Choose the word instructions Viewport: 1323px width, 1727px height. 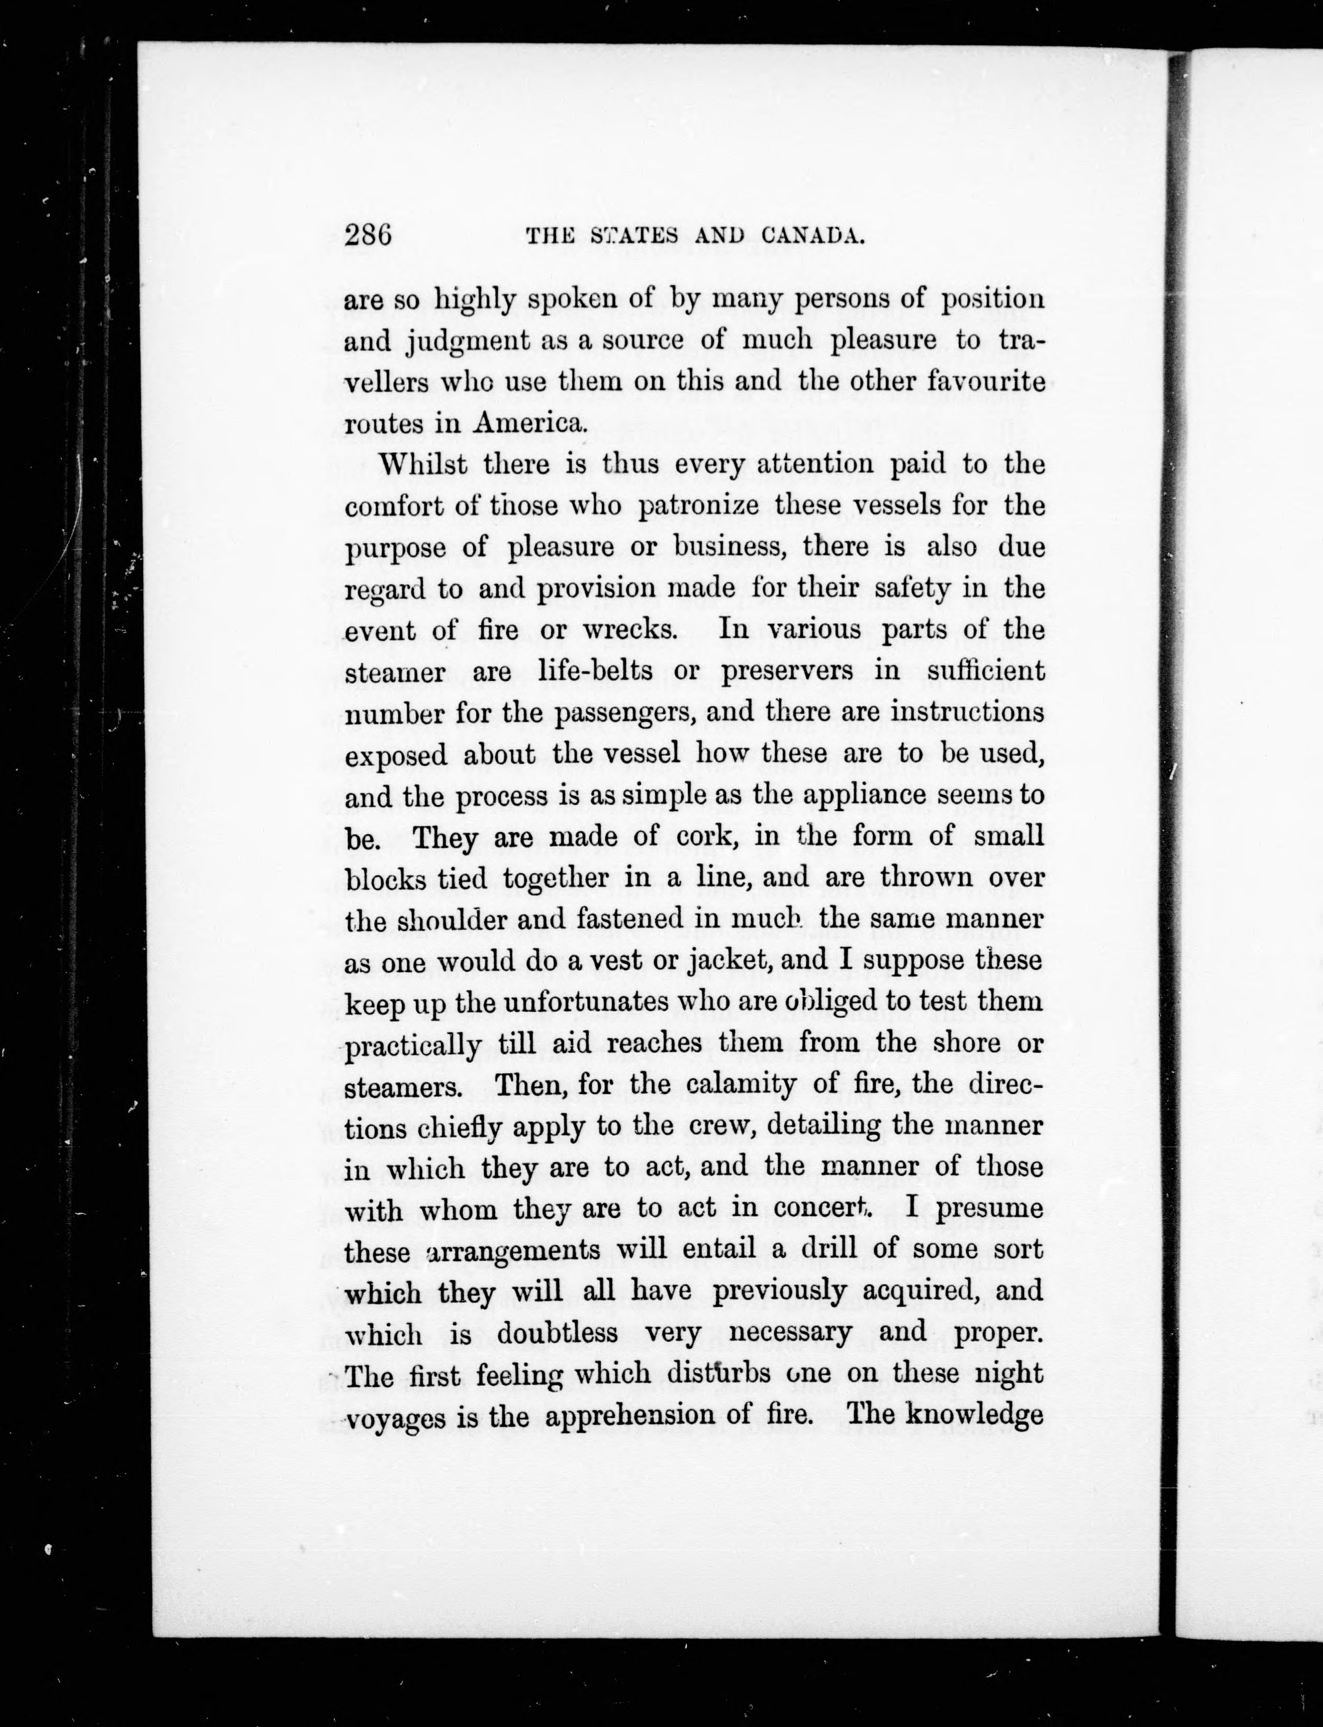tap(957, 713)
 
